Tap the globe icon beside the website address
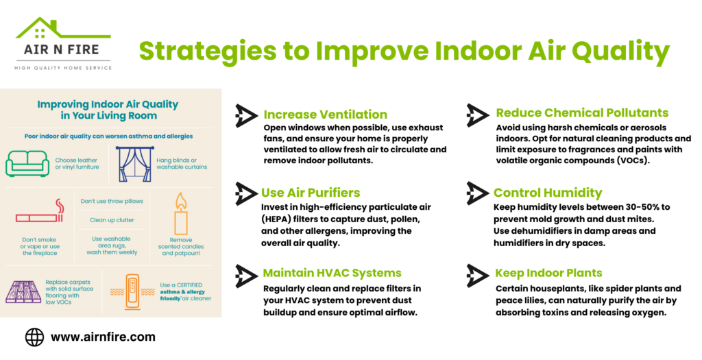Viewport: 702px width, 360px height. click(34, 337)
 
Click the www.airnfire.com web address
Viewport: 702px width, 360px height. click(103, 337)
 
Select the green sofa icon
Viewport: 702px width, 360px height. click(27, 163)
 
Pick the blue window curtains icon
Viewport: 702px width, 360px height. click(135, 164)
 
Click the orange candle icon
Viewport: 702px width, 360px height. click(181, 214)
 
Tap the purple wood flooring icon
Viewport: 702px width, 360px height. click(23, 292)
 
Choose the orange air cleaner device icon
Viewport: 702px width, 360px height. click(132, 292)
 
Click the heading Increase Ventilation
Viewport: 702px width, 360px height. click(326, 115)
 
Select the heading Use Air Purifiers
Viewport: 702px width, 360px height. click(311, 193)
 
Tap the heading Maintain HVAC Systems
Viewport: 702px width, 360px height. click(332, 273)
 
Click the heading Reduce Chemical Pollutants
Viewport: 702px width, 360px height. click(582, 113)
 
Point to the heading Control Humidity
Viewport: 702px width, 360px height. click(548, 193)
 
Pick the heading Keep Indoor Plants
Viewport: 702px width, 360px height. click(548, 273)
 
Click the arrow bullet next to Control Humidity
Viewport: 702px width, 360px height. click(477, 193)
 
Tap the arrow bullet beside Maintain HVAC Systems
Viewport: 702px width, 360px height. click(246, 276)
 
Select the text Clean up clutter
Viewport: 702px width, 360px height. click(112, 220)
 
